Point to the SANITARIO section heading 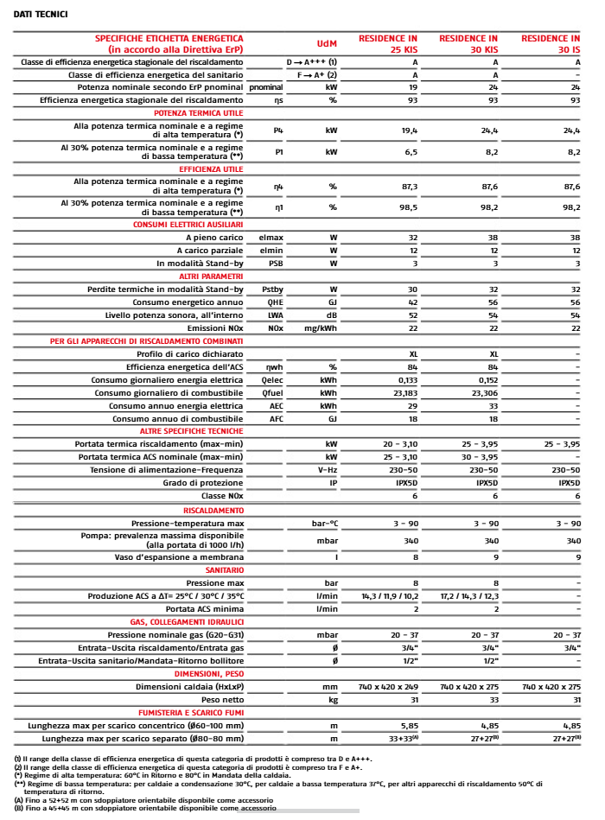(224, 570)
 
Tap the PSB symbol (276, 263)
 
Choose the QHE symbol (276, 302)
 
